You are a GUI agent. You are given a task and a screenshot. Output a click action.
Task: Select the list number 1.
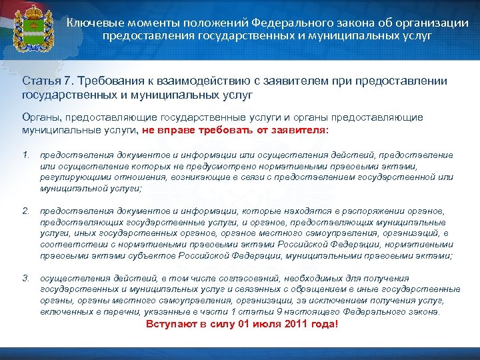pyautogui.click(x=26, y=155)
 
